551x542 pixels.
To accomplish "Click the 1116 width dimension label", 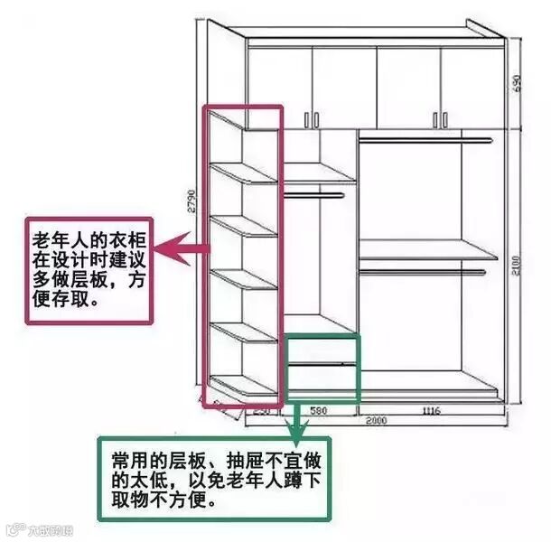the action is coord(429,411).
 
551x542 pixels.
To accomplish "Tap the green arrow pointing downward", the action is coord(294,419).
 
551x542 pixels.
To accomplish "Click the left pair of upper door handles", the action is coord(312,118).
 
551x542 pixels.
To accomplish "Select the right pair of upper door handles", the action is coord(441,118).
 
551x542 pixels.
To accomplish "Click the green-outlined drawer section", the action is coord(322,368).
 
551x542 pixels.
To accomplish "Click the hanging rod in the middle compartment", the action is coord(313,193).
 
